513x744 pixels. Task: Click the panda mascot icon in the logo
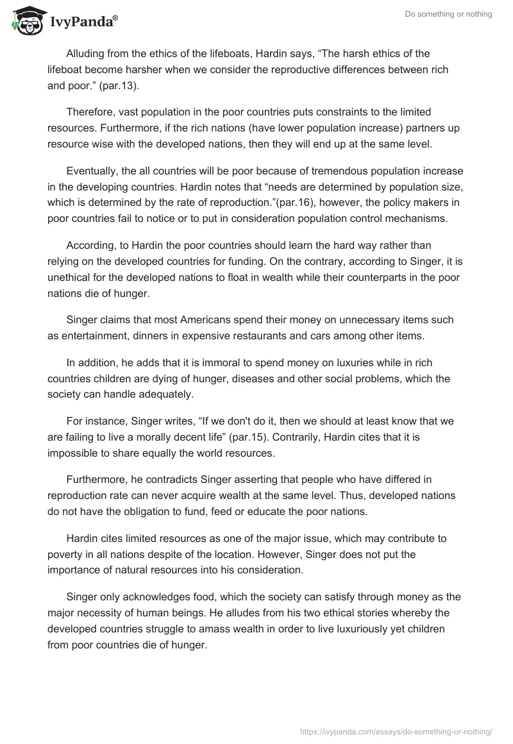(24, 21)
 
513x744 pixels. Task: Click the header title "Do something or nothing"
(448, 14)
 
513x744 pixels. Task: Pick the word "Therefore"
(91, 112)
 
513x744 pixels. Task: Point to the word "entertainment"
(92, 335)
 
